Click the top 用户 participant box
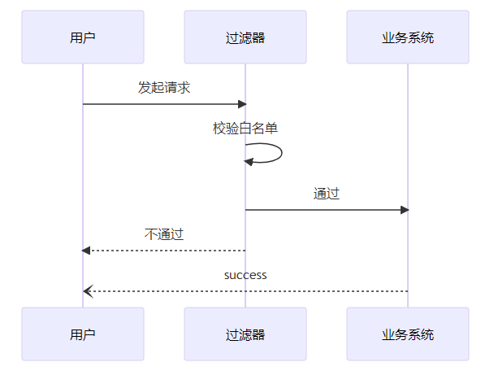[x=83, y=37]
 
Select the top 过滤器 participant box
[x=245, y=37]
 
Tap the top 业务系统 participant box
[x=408, y=37]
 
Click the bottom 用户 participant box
[x=83, y=334]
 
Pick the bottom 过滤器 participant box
[x=245, y=334]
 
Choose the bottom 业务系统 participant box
[x=408, y=334]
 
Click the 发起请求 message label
[x=164, y=88]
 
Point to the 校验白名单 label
[x=245, y=128]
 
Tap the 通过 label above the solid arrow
[x=327, y=194]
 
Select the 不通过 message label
[x=164, y=234]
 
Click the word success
[x=245, y=275]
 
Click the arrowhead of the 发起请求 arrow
[x=241, y=104]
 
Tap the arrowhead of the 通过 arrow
[x=404, y=210]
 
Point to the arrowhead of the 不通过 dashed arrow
[x=87, y=251]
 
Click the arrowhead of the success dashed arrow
[x=87, y=291]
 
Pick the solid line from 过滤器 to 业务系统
[x=325, y=210]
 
